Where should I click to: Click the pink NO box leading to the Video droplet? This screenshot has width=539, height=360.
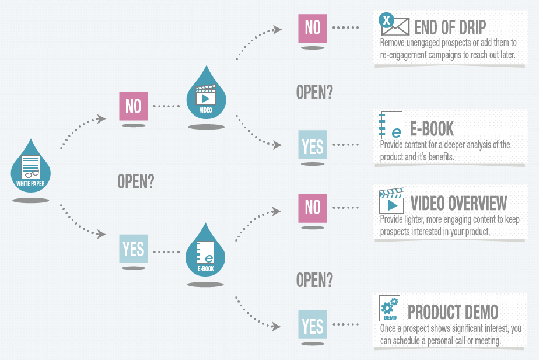pos(133,106)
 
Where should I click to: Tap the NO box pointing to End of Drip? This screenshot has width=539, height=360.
pos(313,27)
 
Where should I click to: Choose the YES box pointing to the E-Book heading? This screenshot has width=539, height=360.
pos(313,145)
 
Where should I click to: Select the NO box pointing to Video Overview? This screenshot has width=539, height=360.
pos(313,207)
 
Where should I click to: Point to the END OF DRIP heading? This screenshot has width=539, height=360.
pos(450,27)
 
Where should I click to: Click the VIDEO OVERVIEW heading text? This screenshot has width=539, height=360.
pos(459,203)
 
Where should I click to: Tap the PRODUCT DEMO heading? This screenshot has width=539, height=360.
pos(453,312)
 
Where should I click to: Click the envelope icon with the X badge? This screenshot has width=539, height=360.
pos(394,25)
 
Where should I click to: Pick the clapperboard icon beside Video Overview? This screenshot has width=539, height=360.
pos(391,201)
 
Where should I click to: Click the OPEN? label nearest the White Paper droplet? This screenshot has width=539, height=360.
pos(136,181)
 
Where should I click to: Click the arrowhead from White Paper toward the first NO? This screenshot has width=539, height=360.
pos(101,119)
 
